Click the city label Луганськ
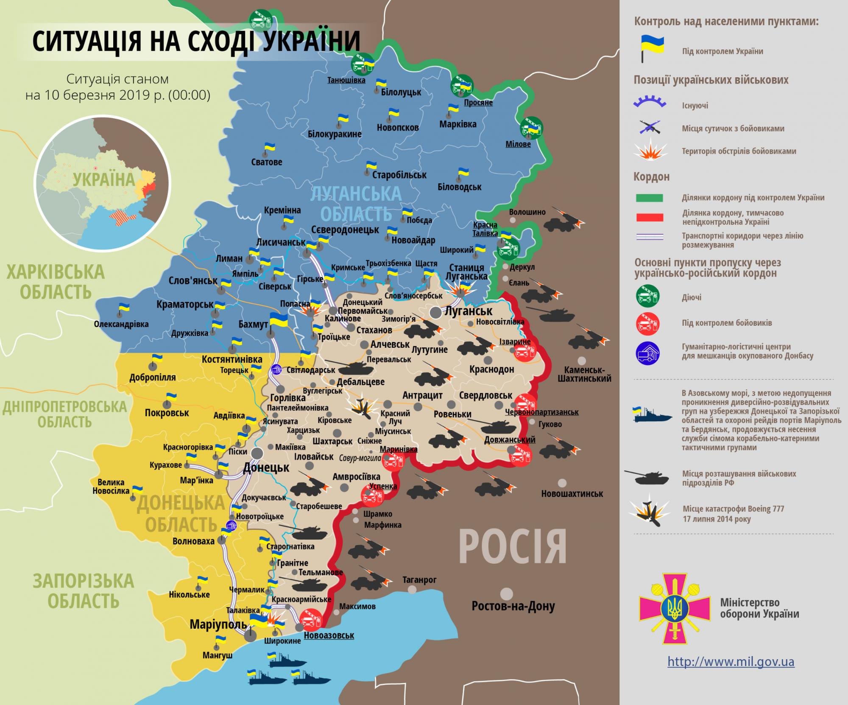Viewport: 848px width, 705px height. (x=468, y=311)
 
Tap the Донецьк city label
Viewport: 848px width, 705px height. (x=266, y=468)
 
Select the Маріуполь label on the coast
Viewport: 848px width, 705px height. (x=218, y=624)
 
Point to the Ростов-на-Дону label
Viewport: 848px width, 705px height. (x=513, y=606)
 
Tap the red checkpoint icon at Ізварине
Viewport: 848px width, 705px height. (x=524, y=351)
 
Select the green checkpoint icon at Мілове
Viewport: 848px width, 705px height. (x=531, y=127)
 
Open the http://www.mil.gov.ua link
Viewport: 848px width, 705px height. (x=731, y=661)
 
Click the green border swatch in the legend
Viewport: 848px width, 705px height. (x=649, y=198)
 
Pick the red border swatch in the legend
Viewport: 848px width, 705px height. (x=649, y=217)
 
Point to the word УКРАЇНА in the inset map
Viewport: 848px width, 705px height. (x=103, y=179)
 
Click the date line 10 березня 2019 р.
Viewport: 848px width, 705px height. (x=117, y=95)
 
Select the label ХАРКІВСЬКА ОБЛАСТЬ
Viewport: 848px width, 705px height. (x=56, y=282)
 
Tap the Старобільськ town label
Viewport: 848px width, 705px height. (x=399, y=175)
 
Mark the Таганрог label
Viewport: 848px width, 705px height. (x=419, y=579)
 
